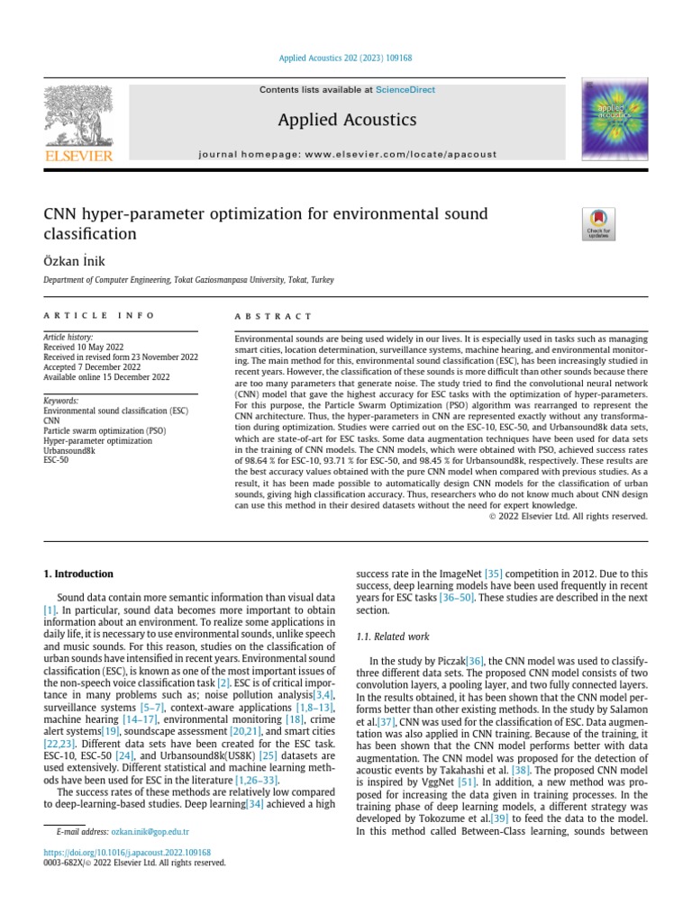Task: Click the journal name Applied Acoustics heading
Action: (x=346, y=120)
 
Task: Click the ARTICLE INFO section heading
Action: (x=99, y=316)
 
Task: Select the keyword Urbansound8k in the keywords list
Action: (x=72, y=450)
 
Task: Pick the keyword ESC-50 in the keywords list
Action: (x=56, y=459)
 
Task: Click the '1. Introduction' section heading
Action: (x=79, y=574)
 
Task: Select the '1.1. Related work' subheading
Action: (x=394, y=637)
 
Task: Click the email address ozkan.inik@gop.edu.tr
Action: (x=150, y=834)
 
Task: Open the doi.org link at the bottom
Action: (x=127, y=852)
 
